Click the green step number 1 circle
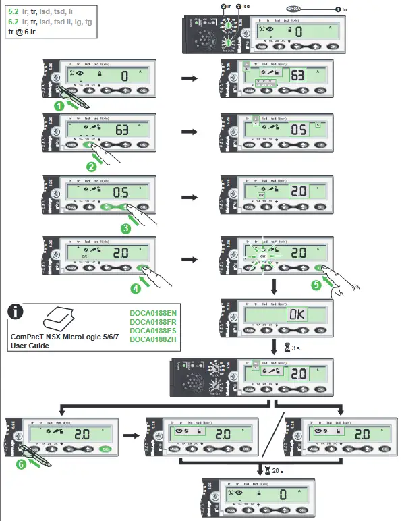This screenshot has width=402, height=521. click(x=59, y=105)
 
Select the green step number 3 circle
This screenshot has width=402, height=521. click(x=125, y=228)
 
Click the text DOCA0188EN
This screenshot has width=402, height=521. click(x=152, y=313)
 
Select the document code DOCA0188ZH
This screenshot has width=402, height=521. click(x=152, y=339)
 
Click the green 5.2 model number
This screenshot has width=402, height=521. click(x=13, y=11)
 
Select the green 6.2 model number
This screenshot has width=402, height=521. click(x=13, y=21)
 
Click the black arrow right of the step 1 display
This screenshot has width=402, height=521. click(x=191, y=78)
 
